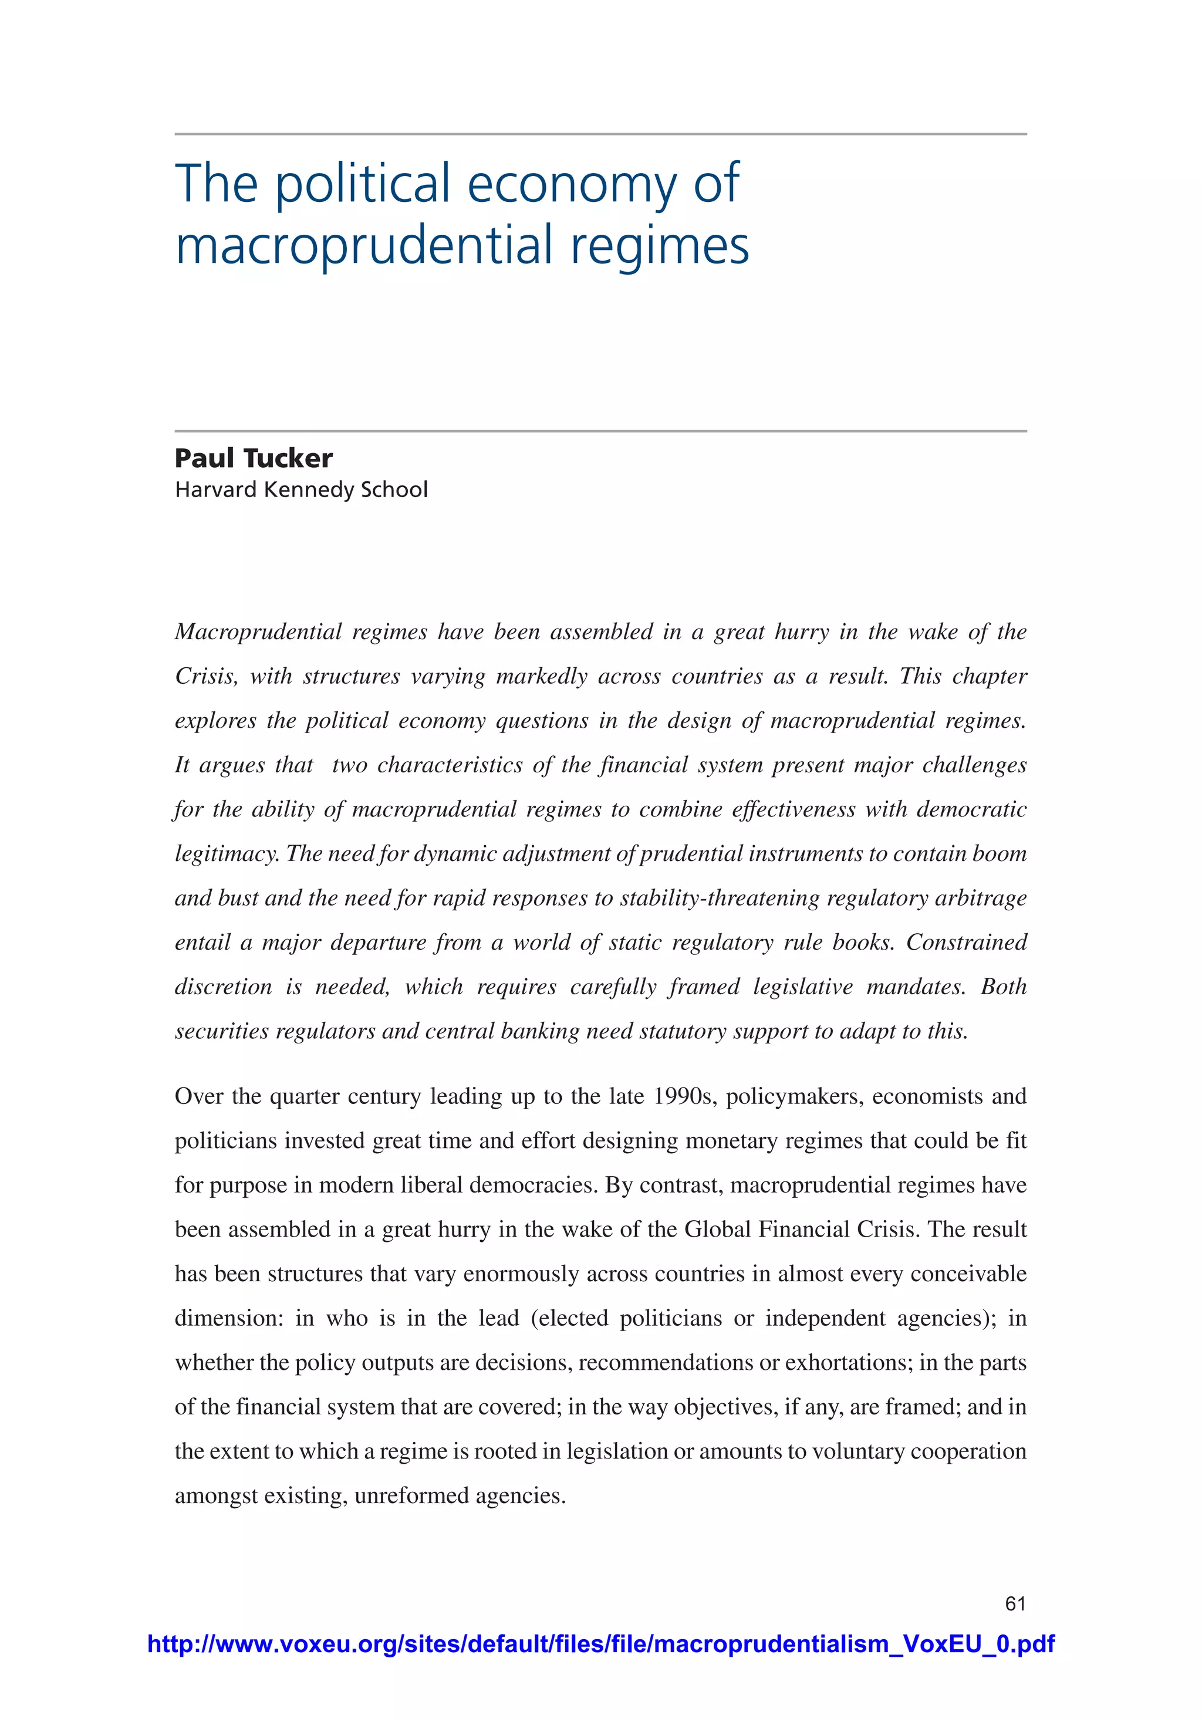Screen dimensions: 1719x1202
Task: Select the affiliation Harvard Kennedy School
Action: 301,489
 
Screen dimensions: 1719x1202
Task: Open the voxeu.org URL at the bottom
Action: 600,1643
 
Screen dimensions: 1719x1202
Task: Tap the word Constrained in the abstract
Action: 966,942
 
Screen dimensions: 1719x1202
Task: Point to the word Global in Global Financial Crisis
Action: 717,1230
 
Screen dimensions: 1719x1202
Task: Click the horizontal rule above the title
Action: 600,134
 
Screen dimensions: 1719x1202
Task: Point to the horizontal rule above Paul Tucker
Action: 600,431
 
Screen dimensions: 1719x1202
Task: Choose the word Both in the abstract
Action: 1004,987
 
